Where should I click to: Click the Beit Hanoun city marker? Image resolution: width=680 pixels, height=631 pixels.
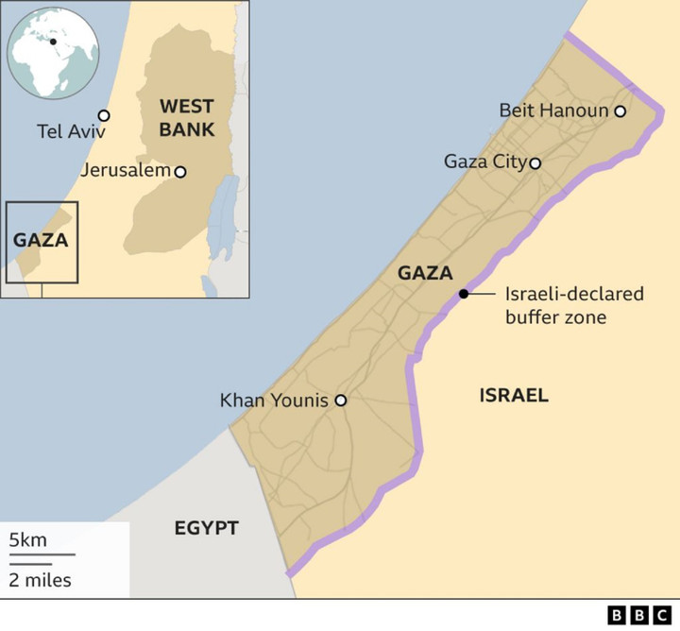(x=620, y=111)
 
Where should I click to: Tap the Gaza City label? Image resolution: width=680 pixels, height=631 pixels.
(x=484, y=162)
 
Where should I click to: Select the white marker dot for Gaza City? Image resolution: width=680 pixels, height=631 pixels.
(x=535, y=162)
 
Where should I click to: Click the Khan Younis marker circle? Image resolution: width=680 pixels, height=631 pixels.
(x=341, y=401)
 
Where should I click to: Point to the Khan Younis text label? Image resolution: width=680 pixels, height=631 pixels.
(x=274, y=401)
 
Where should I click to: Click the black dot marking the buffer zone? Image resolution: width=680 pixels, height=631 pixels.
(x=464, y=294)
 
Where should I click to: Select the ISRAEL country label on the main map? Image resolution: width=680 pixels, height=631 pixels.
(x=514, y=395)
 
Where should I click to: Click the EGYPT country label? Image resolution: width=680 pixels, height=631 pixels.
(x=206, y=527)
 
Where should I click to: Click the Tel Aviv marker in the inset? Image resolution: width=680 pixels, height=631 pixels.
(x=104, y=115)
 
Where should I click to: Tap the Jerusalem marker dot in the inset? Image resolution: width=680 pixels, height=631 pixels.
(x=179, y=172)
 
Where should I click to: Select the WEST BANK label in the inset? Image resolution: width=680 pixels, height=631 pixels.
(x=186, y=117)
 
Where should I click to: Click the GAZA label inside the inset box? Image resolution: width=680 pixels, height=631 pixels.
(x=41, y=240)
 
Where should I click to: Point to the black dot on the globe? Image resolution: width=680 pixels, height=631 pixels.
(x=53, y=42)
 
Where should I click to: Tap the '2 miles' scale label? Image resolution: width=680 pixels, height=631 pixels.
(x=40, y=578)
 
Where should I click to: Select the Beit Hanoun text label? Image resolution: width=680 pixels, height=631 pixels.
(x=553, y=111)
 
